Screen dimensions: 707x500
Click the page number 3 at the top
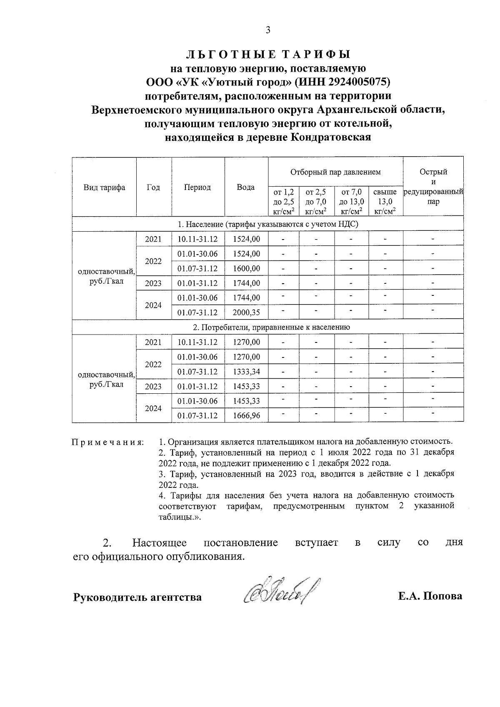click(x=268, y=30)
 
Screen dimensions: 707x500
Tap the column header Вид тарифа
click(x=104, y=187)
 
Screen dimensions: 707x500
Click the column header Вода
click(x=246, y=187)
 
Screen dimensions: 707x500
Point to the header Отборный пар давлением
click(x=335, y=172)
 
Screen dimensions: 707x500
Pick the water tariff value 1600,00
click(x=246, y=269)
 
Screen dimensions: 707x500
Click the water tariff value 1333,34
click(x=246, y=372)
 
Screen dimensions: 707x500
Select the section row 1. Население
click(x=268, y=224)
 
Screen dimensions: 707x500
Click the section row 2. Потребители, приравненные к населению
click(x=268, y=327)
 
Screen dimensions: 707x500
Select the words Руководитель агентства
click(x=137, y=597)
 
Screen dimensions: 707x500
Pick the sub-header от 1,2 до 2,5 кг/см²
click(x=283, y=202)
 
